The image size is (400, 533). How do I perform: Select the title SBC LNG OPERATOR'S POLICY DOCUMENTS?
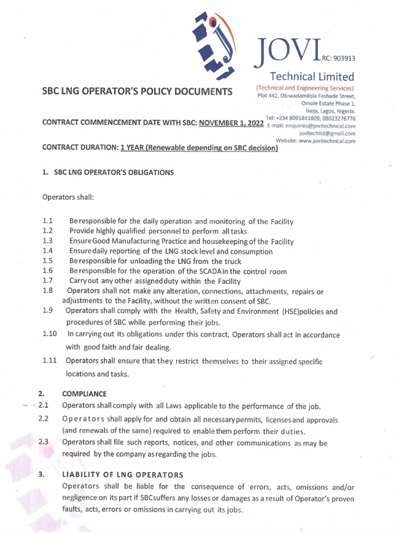(137, 92)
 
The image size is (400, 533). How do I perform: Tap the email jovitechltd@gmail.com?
(331, 133)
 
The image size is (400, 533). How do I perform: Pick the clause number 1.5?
(48, 261)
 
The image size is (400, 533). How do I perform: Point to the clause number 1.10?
(49, 334)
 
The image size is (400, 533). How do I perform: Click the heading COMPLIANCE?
(84, 394)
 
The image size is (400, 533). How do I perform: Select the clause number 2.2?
(43, 419)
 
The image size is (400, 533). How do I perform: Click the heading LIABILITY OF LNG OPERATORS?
(122, 475)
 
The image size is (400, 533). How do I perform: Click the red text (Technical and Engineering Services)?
(305, 87)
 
